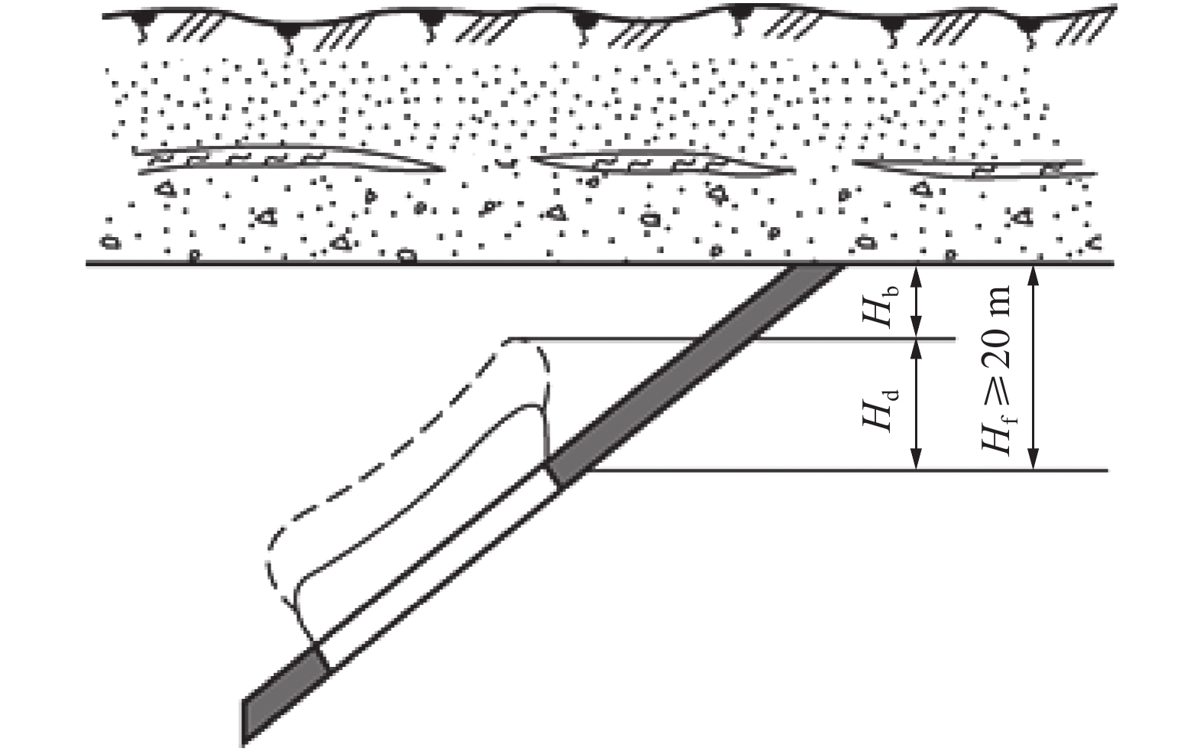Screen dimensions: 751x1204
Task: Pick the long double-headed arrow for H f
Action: click(1033, 366)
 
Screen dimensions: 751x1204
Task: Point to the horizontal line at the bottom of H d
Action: click(841, 470)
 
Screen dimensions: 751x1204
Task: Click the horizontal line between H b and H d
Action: click(841, 339)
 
